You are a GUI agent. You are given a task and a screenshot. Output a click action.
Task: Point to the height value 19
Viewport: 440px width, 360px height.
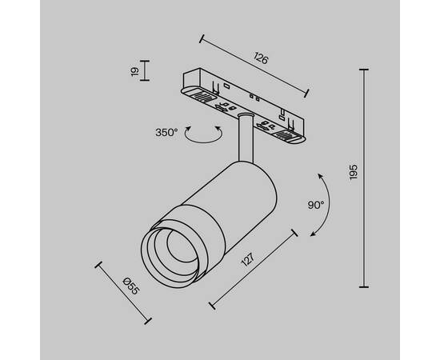(x=135, y=72)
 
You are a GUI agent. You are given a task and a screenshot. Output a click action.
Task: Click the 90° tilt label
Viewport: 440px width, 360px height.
(x=315, y=205)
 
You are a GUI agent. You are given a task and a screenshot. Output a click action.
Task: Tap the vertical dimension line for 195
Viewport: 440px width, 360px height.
(x=367, y=178)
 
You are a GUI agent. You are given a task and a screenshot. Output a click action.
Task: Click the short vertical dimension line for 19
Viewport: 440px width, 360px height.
(x=145, y=72)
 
